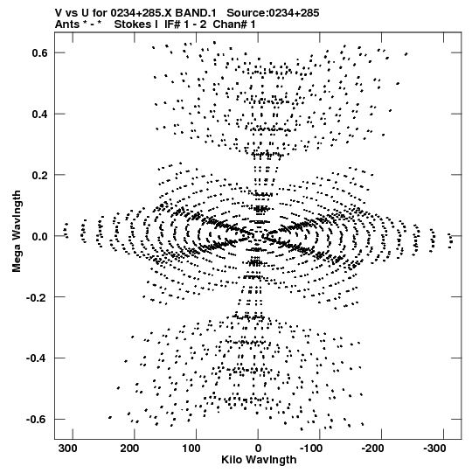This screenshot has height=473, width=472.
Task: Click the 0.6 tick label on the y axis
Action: point(39,52)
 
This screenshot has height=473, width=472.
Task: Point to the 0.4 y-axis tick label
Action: point(39,115)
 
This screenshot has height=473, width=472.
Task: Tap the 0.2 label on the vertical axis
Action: point(39,175)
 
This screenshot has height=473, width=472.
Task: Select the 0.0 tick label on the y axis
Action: point(39,236)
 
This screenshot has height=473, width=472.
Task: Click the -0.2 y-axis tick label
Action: point(37,298)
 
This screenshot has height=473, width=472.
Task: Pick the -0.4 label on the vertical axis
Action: point(37,358)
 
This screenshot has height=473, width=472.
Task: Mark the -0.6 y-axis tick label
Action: point(37,420)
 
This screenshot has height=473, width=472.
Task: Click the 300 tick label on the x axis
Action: point(67,449)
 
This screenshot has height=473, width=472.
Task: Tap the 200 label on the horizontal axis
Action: point(129,449)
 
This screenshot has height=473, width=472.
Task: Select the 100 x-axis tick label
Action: point(191,449)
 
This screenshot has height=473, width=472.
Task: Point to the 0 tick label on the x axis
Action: point(258,449)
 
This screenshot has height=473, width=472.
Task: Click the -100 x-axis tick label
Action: point(311,449)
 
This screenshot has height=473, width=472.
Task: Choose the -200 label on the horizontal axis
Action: point(372,449)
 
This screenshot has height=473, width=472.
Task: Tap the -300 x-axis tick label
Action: point(434,449)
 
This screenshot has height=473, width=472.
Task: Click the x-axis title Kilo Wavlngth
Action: point(259,460)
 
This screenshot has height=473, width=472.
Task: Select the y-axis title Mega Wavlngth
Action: point(17,232)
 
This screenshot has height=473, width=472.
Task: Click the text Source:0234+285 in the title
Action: point(273,13)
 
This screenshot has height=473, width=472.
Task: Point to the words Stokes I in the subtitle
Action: point(135,24)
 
